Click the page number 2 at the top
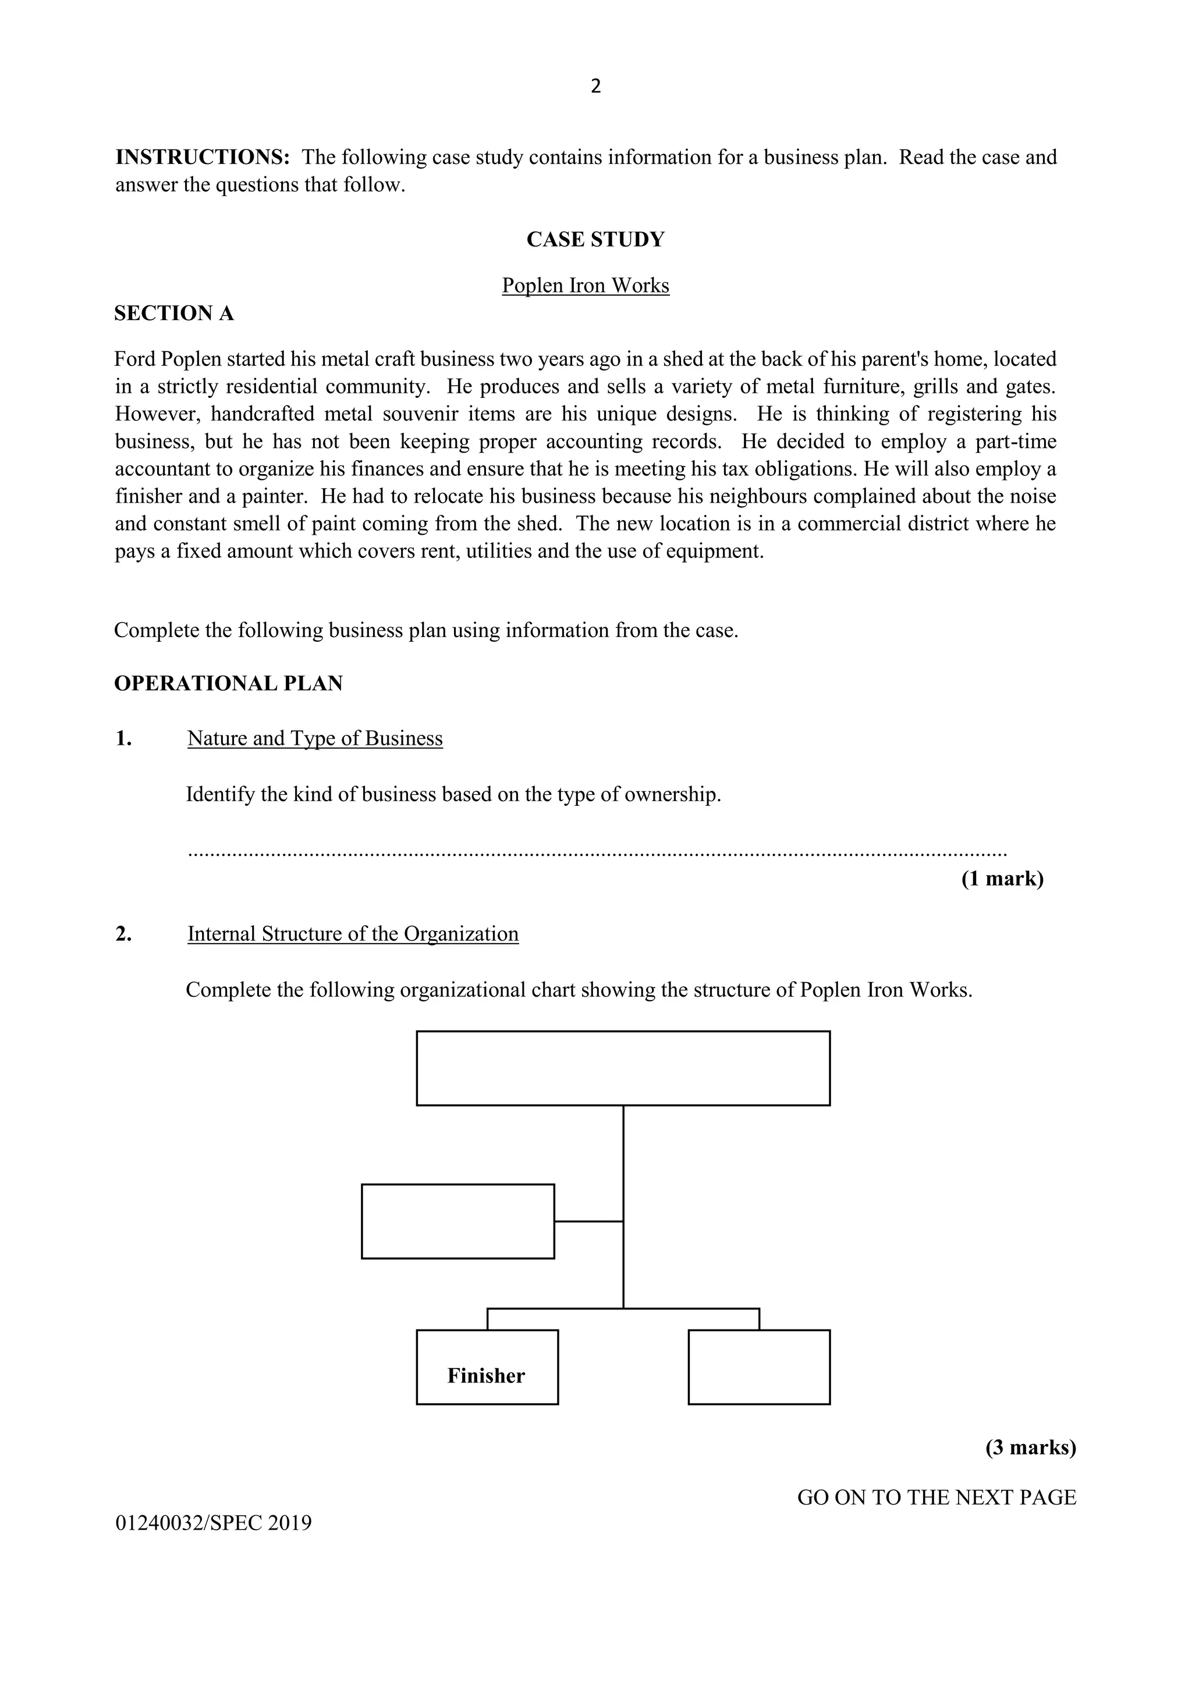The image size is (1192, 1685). click(x=595, y=87)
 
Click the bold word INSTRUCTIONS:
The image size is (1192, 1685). click(x=203, y=157)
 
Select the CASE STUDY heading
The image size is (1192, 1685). click(x=595, y=239)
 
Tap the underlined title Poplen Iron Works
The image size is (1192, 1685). click(x=585, y=286)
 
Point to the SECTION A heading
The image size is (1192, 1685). click(x=174, y=314)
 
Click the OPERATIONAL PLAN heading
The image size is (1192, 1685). click(x=228, y=683)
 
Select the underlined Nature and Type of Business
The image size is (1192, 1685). click(x=315, y=738)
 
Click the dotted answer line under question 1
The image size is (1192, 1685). click(x=596, y=854)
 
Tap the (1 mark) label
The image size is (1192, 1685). click(x=1002, y=879)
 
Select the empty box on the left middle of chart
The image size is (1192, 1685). click(x=457, y=1221)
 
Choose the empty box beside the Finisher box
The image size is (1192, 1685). click(x=758, y=1367)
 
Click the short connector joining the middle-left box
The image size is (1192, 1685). click(x=588, y=1221)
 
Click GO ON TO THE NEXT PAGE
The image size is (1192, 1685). click(x=936, y=1497)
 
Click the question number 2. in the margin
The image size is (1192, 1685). click(x=123, y=933)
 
